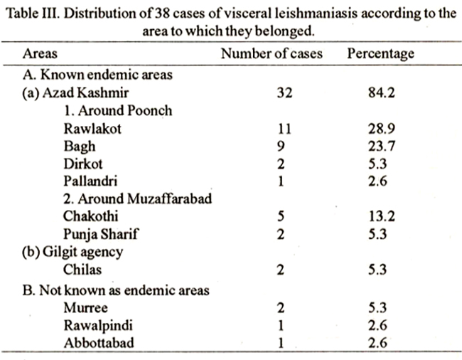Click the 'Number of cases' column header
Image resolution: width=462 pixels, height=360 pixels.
[272, 53]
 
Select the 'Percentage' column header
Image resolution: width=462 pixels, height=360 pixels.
[381, 54]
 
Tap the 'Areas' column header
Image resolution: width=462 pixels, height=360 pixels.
[40, 53]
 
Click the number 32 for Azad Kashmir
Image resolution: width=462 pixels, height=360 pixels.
[284, 92]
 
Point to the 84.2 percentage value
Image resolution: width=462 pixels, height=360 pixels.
[381, 92]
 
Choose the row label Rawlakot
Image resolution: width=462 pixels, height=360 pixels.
[92, 129]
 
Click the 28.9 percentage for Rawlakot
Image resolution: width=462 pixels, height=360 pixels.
[381, 129]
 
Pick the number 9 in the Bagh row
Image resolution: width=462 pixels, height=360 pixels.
[281, 146]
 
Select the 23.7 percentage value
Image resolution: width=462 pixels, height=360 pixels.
[381, 146]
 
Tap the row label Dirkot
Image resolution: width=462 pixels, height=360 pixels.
[83, 164]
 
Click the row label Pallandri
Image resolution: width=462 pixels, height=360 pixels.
[90, 181]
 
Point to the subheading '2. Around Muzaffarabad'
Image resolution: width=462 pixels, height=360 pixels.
[138, 198]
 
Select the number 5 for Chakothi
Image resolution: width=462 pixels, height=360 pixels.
[281, 216]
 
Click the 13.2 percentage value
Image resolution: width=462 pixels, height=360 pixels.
[381, 216]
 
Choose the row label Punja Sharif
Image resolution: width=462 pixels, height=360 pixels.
[100, 234]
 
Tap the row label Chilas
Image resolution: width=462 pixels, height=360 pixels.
[82, 270]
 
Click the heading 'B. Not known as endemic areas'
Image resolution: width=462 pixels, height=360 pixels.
[116, 290]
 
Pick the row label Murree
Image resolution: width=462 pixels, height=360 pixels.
[86, 308]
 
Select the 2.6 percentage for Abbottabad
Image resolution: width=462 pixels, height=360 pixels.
[377, 343]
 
